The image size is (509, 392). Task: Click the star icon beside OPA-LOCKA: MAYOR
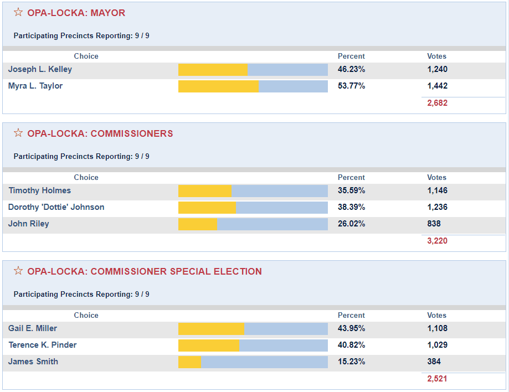pos(18,12)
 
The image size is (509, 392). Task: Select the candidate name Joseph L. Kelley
pos(40,70)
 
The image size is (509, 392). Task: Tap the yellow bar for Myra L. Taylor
pos(218,86)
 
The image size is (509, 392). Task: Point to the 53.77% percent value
pos(351,86)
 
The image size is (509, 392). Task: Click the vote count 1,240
pos(437,70)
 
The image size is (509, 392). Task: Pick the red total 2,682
pos(437,103)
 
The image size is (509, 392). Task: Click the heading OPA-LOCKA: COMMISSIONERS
pos(100,134)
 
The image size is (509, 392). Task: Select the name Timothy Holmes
pos(40,190)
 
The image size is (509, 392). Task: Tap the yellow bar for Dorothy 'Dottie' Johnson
pos(207,208)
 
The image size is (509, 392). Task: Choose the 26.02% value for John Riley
pos(351,224)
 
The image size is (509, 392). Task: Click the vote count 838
pos(434,224)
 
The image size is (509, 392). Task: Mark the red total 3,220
pos(437,241)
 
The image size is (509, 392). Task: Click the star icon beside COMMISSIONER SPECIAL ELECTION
pos(18,271)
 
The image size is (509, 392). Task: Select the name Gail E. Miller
pos(33,328)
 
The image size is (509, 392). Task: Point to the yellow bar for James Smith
pos(189,362)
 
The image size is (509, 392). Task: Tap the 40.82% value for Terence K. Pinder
pos(351,345)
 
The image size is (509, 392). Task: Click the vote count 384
pos(434,362)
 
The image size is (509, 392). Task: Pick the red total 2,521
pos(437,379)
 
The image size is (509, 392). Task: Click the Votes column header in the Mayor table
pos(436,56)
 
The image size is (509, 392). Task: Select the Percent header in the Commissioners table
pos(351,178)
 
